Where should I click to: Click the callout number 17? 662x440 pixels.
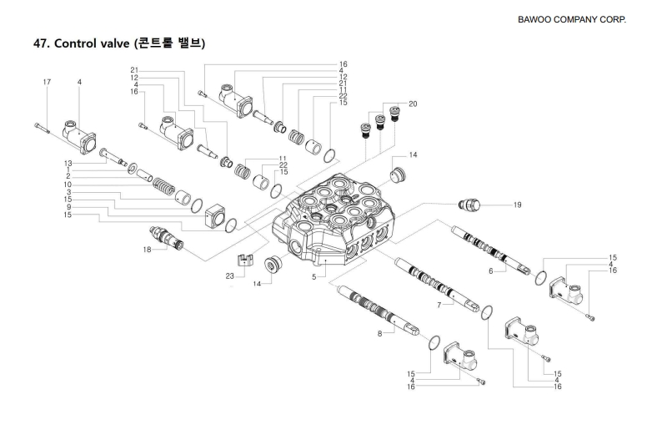(x=48, y=82)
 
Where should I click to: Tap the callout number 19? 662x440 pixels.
(x=517, y=204)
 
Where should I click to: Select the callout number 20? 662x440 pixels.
(x=413, y=105)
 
